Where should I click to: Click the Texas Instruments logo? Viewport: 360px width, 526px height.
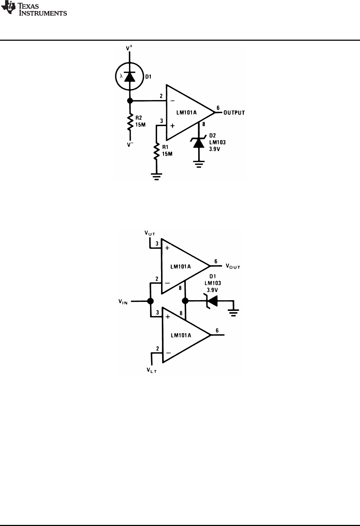point(34,9)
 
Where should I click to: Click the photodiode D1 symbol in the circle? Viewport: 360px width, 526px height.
point(130,77)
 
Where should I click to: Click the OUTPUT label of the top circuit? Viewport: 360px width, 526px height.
point(234,113)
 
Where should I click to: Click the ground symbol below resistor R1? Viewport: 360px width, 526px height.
point(156,176)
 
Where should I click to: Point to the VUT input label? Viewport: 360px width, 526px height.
point(150,233)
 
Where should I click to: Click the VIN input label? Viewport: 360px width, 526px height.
point(123,302)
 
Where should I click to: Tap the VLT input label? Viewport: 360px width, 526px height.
point(151,370)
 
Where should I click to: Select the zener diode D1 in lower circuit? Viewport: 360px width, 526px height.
point(211,301)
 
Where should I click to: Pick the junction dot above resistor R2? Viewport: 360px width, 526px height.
point(130,101)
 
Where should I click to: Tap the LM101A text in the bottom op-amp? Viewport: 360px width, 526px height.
point(181,336)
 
